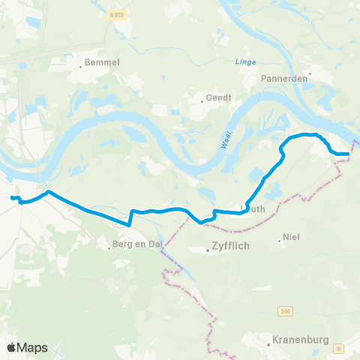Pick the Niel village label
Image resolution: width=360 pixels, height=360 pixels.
(292, 241)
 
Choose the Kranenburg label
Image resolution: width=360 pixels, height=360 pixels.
(301, 340)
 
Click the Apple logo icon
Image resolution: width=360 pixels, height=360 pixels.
(12, 347)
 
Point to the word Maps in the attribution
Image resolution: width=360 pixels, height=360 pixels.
(34, 347)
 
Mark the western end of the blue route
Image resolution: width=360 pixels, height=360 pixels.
(12, 197)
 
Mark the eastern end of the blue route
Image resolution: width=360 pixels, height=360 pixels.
(348, 154)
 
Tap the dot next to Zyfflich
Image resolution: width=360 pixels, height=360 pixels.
(208, 250)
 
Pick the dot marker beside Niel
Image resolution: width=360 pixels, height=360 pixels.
(279, 241)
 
